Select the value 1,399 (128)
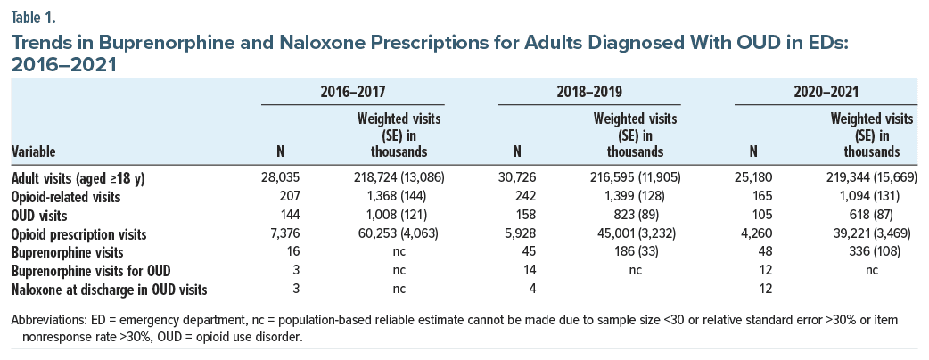coord(636,196)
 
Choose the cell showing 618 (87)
coord(872,215)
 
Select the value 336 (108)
coord(872,252)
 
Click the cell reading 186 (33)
coord(636,252)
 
